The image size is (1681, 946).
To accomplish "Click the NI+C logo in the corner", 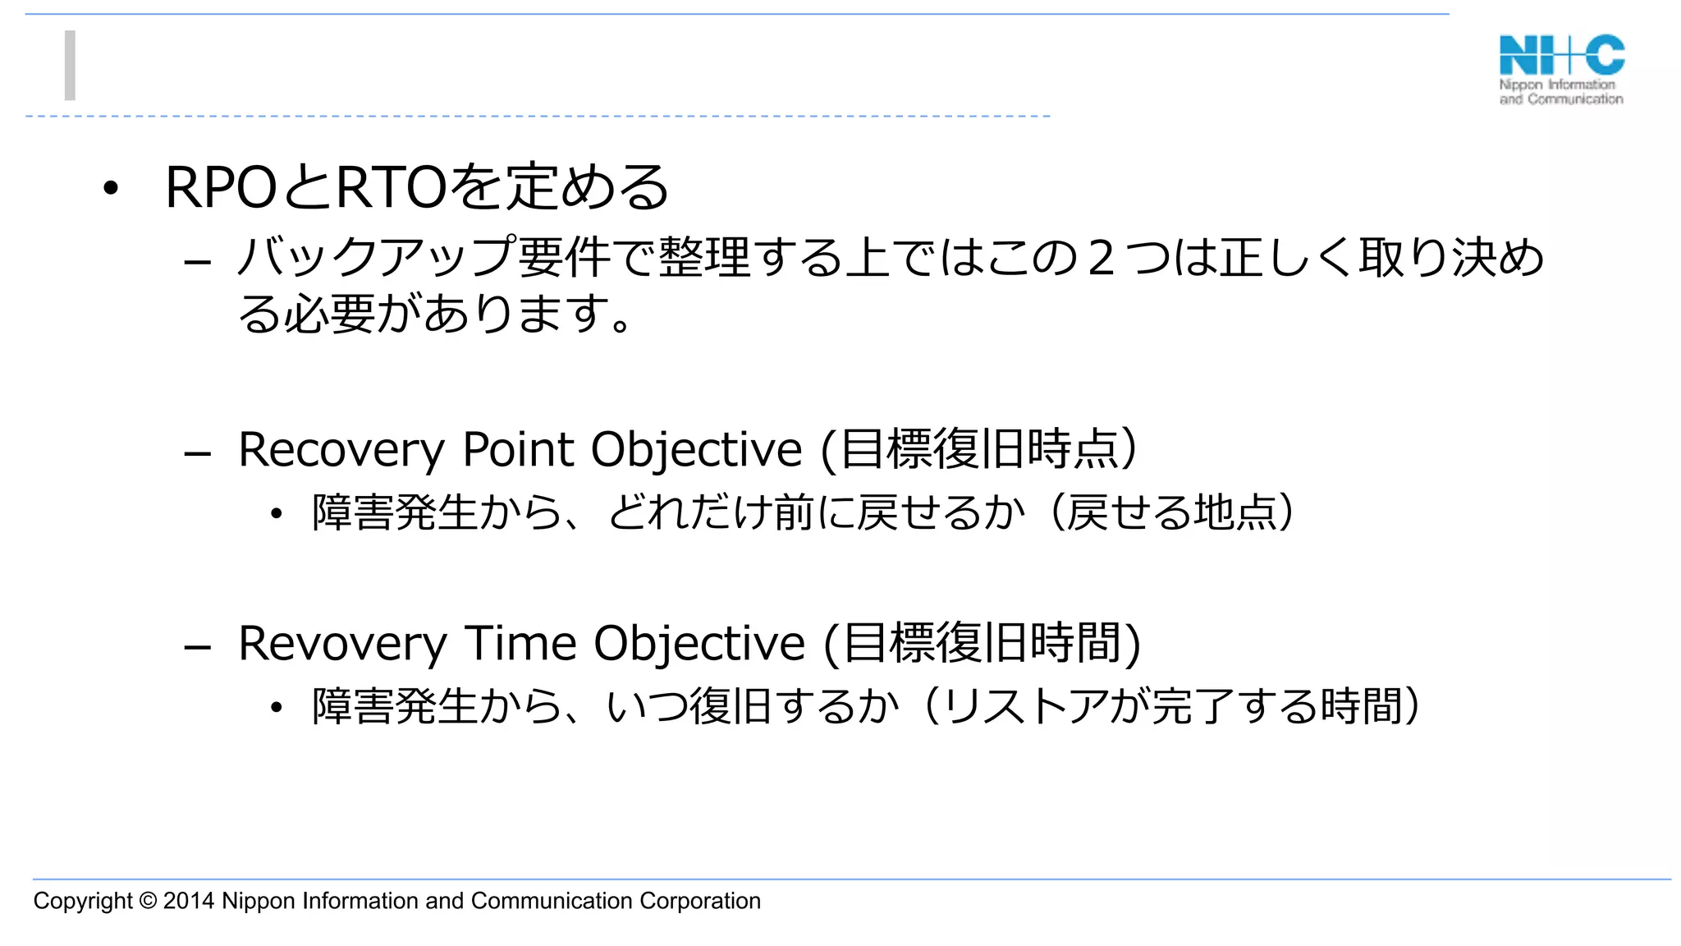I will [1561, 69].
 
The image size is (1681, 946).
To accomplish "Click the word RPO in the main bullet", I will [219, 188].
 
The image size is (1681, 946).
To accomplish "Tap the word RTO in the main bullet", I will [391, 188].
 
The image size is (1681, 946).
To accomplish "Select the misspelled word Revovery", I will [341, 643].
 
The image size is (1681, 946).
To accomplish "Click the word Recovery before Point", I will [341, 450].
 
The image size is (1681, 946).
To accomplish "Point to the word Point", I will [518, 450].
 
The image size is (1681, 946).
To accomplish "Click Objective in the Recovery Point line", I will [696, 450].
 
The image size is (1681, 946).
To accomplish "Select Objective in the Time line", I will [699, 643].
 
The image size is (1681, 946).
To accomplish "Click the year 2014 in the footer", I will [189, 901].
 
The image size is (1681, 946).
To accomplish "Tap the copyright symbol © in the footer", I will [148, 901].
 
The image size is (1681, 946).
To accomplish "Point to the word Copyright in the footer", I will [82, 901].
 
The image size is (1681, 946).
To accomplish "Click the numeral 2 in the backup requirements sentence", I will [1101, 258].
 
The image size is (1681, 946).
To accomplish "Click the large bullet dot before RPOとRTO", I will [111, 190].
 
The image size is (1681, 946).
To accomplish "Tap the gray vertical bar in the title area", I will [70, 66].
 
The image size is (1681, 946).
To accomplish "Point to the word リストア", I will [1026, 706].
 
